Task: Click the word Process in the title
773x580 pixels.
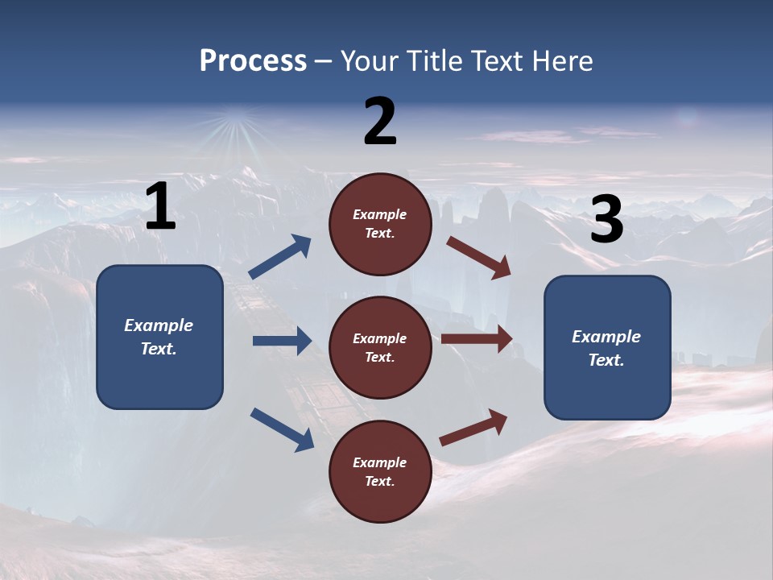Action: pyautogui.click(x=253, y=61)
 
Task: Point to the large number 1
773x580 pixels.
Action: pyautogui.click(x=160, y=207)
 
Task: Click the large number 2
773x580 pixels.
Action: pyautogui.click(x=380, y=122)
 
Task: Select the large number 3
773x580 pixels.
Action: pyautogui.click(x=606, y=220)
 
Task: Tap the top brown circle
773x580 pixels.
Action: pyautogui.click(x=380, y=224)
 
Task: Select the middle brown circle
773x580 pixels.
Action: pyautogui.click(x=380, y=347)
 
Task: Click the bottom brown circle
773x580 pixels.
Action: pyautogui.click(x=380, y=471)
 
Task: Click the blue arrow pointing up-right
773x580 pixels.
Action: pyautogui.click(x=280, y=257)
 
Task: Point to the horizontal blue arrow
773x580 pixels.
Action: pyautogui.click(x=282, y=341)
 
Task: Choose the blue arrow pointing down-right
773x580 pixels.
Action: pyautogui.click(x=282, y=429)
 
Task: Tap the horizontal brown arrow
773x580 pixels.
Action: pyautogui.click(x=477, y=338)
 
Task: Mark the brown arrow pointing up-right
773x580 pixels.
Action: pyautogui.click(x=473, y=428)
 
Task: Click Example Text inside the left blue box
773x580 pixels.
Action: pyautogui.click(x=159, y=337)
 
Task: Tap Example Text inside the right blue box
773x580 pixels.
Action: pyautogui.click(x=606, y=348)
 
